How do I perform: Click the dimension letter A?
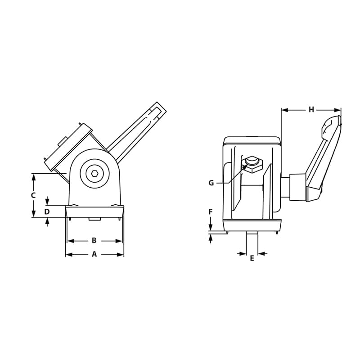[x=94, y=254]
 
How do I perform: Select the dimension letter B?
[x=94, y=241]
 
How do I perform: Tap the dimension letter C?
[x=33, y=195]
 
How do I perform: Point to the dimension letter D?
[x=47, y=211]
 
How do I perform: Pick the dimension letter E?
[x=252, y=258]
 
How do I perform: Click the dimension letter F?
[x=210, y=211]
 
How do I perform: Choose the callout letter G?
[x=211, y=183]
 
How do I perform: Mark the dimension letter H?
[x=311, y=109]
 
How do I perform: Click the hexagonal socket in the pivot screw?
[x=94, y=173]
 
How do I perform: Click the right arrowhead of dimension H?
[x=338, y=110]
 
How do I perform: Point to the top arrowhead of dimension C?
[x=33, y=176]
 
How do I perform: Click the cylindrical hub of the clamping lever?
[x=297, y=187]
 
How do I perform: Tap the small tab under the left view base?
[x=94, y=219]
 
